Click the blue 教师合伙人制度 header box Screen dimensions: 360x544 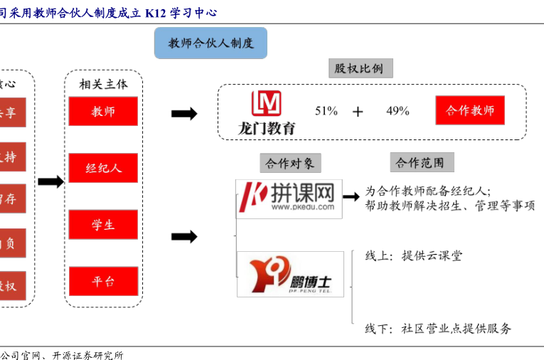(210, 43)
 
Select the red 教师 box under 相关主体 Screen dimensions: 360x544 (103, 112)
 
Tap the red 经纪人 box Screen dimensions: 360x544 (103, 169)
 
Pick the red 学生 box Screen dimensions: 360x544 (103, 225)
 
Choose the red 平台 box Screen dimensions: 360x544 (103, 281)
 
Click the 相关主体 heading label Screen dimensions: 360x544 (104, 84)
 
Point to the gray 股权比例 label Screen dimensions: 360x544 (359, 68)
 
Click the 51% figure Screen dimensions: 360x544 (326, 111)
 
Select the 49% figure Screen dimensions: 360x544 (398, 111)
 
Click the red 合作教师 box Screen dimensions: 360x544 (470, 111)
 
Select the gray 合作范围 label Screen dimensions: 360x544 (421, 163)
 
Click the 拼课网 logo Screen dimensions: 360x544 (289, 197)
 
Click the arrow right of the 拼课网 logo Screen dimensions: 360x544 (351, 197)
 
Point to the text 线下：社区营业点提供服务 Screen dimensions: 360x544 (438, 329)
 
